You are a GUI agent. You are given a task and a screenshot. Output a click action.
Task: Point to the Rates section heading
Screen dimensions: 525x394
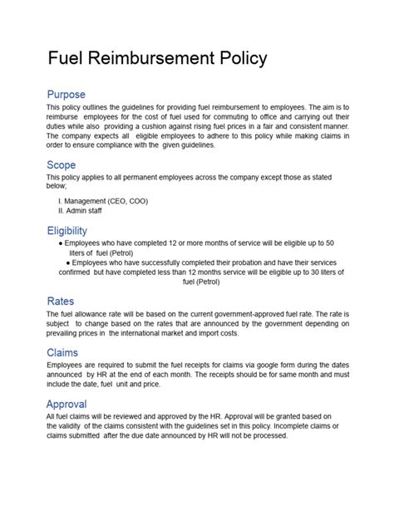pos(62,300)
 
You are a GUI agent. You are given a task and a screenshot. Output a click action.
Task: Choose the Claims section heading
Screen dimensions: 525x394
pos(63,352)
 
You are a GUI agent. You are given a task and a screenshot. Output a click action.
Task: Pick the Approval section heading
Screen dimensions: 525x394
pos(68,405)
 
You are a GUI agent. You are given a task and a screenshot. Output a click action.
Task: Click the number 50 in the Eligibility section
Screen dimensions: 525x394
pos(329,243)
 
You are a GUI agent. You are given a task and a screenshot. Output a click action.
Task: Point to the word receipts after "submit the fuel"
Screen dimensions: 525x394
pos(188,365)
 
